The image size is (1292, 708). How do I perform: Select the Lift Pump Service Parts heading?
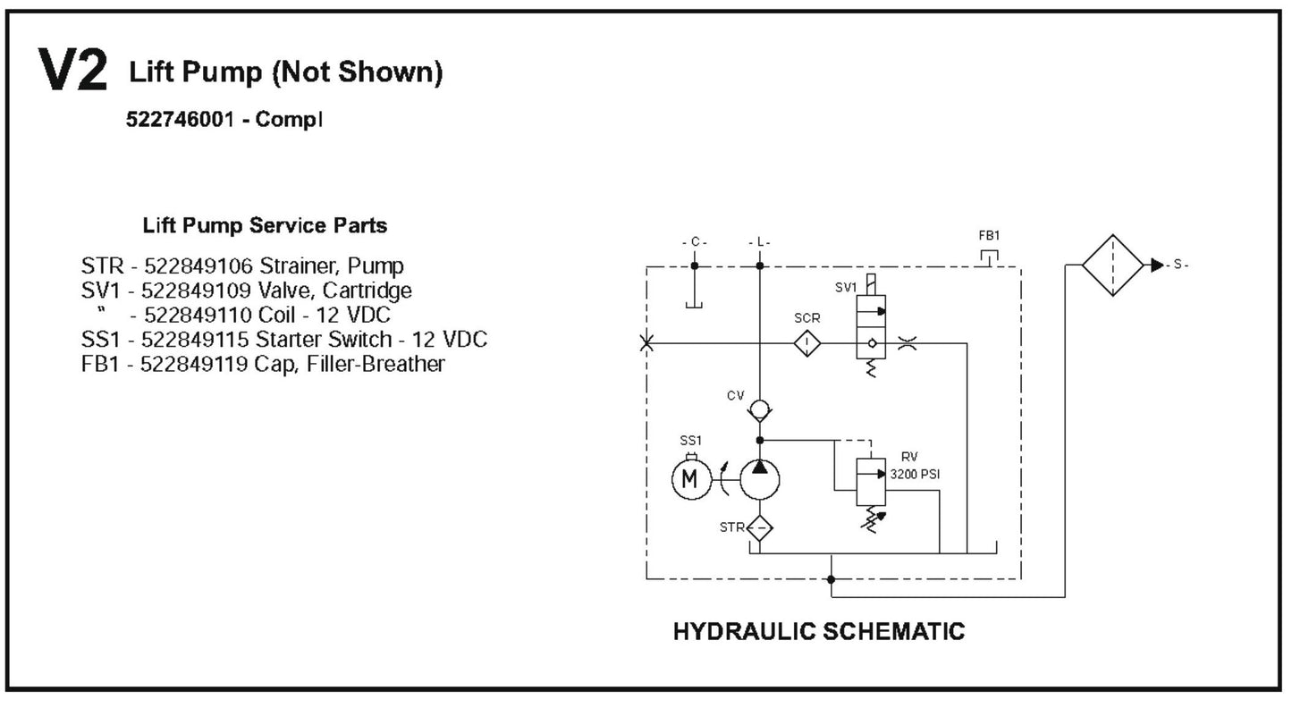point(265,225)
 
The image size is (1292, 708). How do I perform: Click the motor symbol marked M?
point(688,480)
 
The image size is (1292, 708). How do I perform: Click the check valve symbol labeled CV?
point(759,410)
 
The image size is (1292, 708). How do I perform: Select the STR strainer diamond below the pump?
point(759,527)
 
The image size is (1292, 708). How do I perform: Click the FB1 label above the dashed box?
point(988,236)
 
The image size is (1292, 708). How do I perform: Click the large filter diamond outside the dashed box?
point(1112,265)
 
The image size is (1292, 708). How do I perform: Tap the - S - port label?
point(1180,265)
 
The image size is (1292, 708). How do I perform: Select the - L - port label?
point(759,242)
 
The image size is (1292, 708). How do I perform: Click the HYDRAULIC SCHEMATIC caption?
point(818,632)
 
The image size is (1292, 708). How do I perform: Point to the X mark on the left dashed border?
point(646,343)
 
